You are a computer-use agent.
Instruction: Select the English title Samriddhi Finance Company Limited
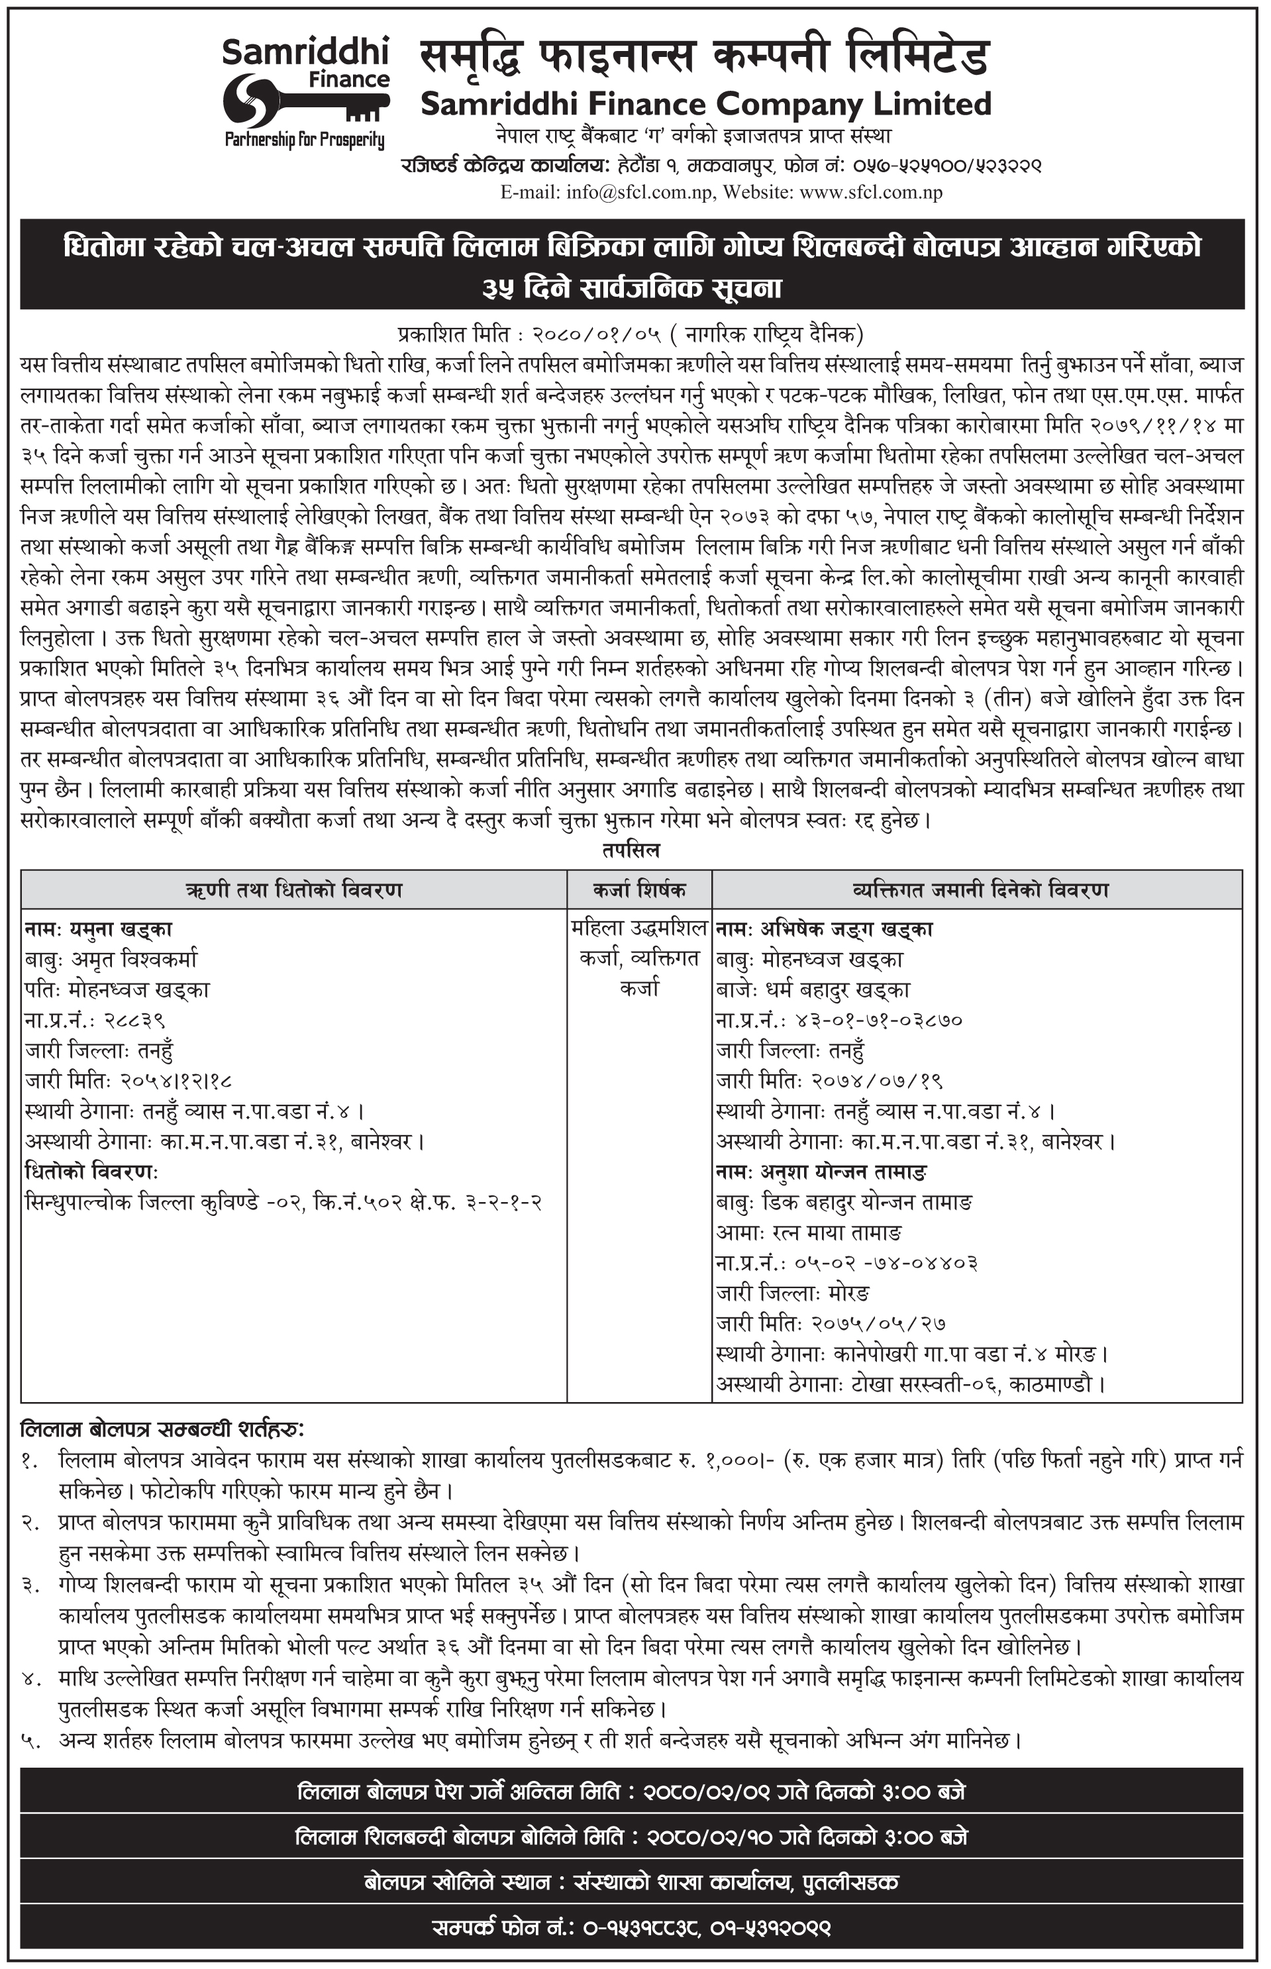point(705,104)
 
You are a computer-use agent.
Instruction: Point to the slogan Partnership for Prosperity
point(305,140)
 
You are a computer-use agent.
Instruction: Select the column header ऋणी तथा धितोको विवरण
point(294,890)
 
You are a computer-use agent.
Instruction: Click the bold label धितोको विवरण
point(91,1172)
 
